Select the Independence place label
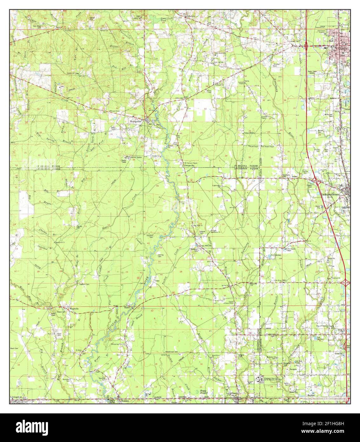click(x=330, y=194)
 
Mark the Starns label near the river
click(x=127, y=308)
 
